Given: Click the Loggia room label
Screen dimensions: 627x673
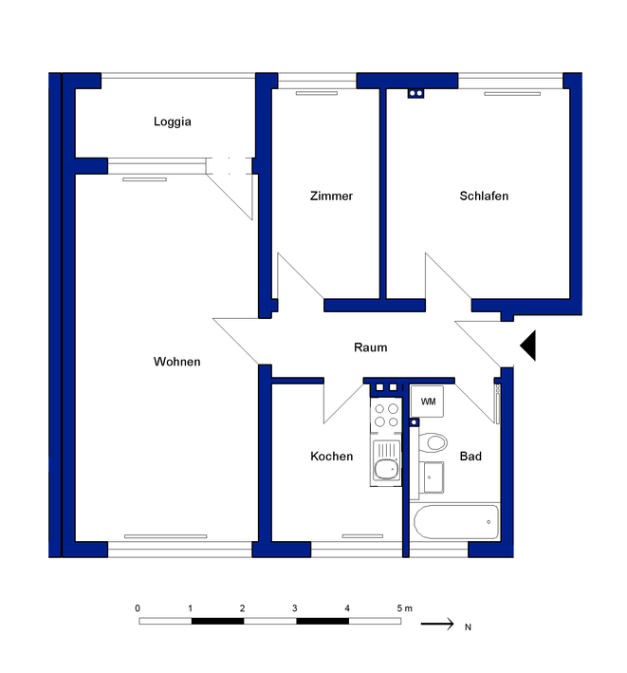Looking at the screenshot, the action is [172, 122].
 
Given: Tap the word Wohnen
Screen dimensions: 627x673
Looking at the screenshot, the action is [176, 362].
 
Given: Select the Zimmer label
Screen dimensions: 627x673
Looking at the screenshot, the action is [331, 196].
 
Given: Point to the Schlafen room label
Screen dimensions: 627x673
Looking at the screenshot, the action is [484, 196].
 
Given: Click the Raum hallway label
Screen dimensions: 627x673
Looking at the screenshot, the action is [371, 347].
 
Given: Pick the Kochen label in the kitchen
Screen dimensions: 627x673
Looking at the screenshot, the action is [331, 457].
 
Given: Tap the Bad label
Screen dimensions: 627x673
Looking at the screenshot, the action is [470, 457].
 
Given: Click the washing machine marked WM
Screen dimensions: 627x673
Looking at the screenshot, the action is [427, 402].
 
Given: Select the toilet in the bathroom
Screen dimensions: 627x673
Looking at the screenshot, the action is [433, 442].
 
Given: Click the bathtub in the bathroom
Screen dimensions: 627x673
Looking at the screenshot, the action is [456, 522].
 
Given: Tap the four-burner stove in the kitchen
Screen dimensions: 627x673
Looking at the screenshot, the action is [386, 415].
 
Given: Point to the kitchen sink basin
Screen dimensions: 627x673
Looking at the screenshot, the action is [386, 470].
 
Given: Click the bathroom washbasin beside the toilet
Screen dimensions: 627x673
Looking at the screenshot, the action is [433, 477].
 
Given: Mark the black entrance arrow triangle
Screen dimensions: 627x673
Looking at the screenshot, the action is [529, 346].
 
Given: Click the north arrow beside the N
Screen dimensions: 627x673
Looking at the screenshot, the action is [437, 624].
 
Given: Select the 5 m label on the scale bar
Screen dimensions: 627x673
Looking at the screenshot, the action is [404, 608].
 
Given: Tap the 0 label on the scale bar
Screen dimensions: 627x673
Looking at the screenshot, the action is [138, 608].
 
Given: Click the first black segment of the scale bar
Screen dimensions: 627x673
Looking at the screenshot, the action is [217, 621].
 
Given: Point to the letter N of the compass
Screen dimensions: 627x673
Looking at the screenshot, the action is [468, 627].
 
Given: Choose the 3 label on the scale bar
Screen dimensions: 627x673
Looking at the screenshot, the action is [295, 608].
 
